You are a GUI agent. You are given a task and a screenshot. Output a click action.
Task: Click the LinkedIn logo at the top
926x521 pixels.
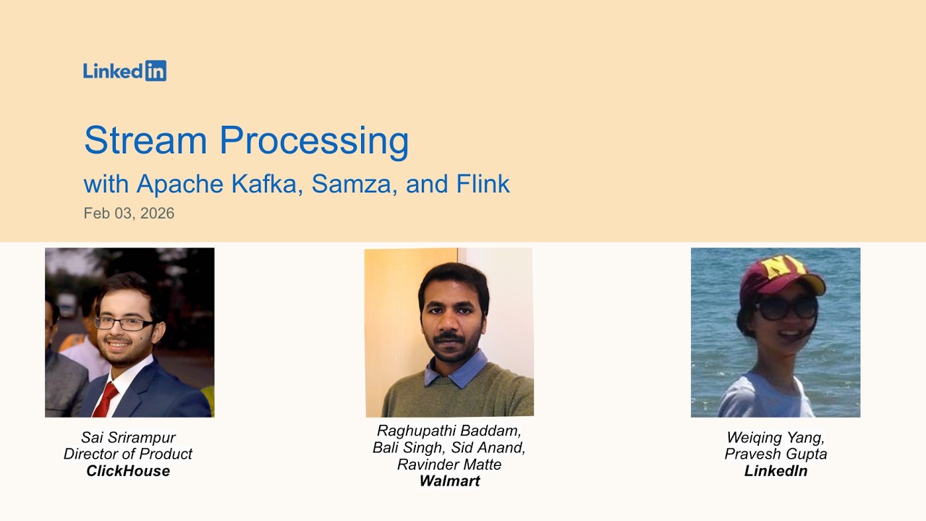(x=124, y=70)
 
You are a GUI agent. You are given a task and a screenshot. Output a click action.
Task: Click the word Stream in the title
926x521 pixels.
(x=146, y=140)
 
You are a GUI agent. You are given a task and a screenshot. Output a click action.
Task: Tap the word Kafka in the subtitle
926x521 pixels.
(x=267, y=184)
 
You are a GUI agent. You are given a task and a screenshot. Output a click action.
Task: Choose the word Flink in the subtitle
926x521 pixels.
(x=483, y=184)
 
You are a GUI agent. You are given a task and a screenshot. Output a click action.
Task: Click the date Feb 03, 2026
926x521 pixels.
(x=129, y=213)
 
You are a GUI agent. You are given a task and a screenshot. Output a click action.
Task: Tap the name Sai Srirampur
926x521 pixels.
(x=128, y=437)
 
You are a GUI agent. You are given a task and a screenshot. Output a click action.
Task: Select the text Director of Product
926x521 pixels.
(x=128, y=454)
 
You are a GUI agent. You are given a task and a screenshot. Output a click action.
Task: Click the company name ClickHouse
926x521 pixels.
(x=128, y=471)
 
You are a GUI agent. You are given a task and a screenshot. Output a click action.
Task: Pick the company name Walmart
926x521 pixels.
(x=449, y=481)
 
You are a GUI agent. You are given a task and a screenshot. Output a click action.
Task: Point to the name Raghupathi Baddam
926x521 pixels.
(x=447, y=431)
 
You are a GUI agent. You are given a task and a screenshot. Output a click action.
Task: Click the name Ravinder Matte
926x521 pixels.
(x=449, y=465)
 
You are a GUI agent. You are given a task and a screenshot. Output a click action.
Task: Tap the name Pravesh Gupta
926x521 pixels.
(x=776, y=454)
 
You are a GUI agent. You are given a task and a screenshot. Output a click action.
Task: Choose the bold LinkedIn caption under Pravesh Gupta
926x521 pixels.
(x=776, y=471)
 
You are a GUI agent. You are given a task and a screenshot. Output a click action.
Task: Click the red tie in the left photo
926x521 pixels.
(x=106, y=399)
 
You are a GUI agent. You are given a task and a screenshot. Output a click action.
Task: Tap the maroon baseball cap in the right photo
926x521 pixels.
(x=780, y=274)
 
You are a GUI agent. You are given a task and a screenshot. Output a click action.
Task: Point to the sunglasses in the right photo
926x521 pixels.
(x=786, y=308)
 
